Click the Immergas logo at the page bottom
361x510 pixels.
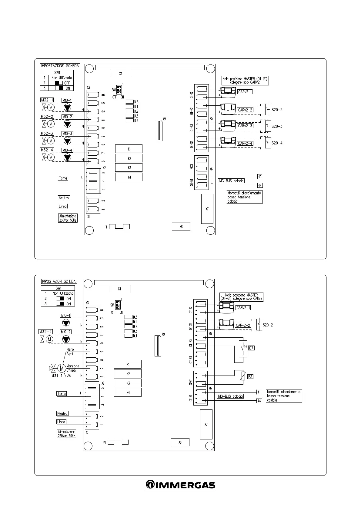click(180, 485)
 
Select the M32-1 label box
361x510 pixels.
click(47, 100)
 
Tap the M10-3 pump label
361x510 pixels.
click(67, 134)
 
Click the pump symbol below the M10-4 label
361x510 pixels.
click(67, 157)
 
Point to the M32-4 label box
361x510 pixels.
click(47, 150)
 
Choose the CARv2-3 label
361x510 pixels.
click(245, 126)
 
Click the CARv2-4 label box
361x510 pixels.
click(245, 143)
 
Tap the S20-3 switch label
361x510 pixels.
click(277, 126)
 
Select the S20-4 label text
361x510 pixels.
click(277, 143)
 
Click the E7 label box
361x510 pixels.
click(251, 348)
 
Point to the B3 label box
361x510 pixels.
click(250, 377)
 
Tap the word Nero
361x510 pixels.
click(70, 349)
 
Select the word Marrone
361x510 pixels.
click(73, 366)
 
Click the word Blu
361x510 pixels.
click(69, 375)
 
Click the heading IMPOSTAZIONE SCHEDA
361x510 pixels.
click(60, 66)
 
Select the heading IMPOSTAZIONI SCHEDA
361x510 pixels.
click(59, 281)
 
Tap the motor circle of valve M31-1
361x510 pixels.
click(62, 368)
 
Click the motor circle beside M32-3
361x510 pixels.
click(51, 141)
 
